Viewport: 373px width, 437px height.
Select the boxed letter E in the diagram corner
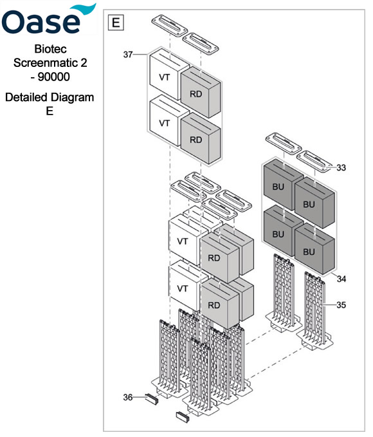[116, 23]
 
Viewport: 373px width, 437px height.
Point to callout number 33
[341, 167]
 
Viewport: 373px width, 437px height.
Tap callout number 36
[127, 398]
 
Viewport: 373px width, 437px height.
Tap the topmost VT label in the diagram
[164, 77]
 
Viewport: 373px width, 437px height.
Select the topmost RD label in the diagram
[196, 93]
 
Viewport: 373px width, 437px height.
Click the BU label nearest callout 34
[309, 251]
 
